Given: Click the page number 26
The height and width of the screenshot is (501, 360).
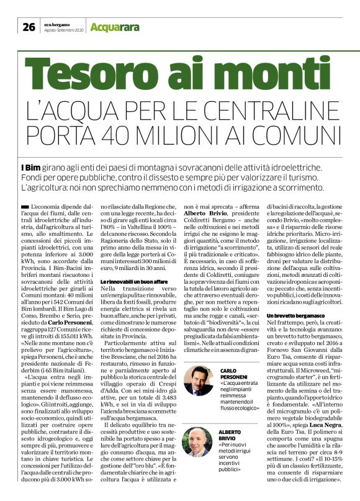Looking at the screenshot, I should [29, 27].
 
